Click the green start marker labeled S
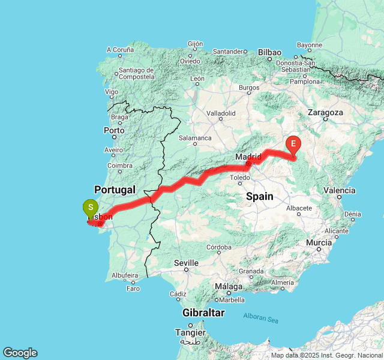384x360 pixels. (x=90, y=209)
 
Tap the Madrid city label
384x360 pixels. (x=248, y=157)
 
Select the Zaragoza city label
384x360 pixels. (x=325, y=112)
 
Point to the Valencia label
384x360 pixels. (x=339, y=190)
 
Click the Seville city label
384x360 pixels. (x=186, y=263)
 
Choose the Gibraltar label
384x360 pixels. (x=204, y=313)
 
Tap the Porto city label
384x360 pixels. (x=114, y=130)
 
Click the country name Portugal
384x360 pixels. (x=115, y=190)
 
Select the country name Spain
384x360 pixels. (x=259, y=196)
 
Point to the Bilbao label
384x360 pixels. (x=269, y=53)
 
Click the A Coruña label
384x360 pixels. (x=120, y=50)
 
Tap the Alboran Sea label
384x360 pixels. (x=260, y=318)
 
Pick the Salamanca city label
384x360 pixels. (x=194, y=138)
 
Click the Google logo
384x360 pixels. (x=20, y=353)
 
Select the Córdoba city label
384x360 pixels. (x=218, y=247)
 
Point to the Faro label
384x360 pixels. (x=133, y=288)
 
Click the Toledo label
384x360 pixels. (x=239, y=178)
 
